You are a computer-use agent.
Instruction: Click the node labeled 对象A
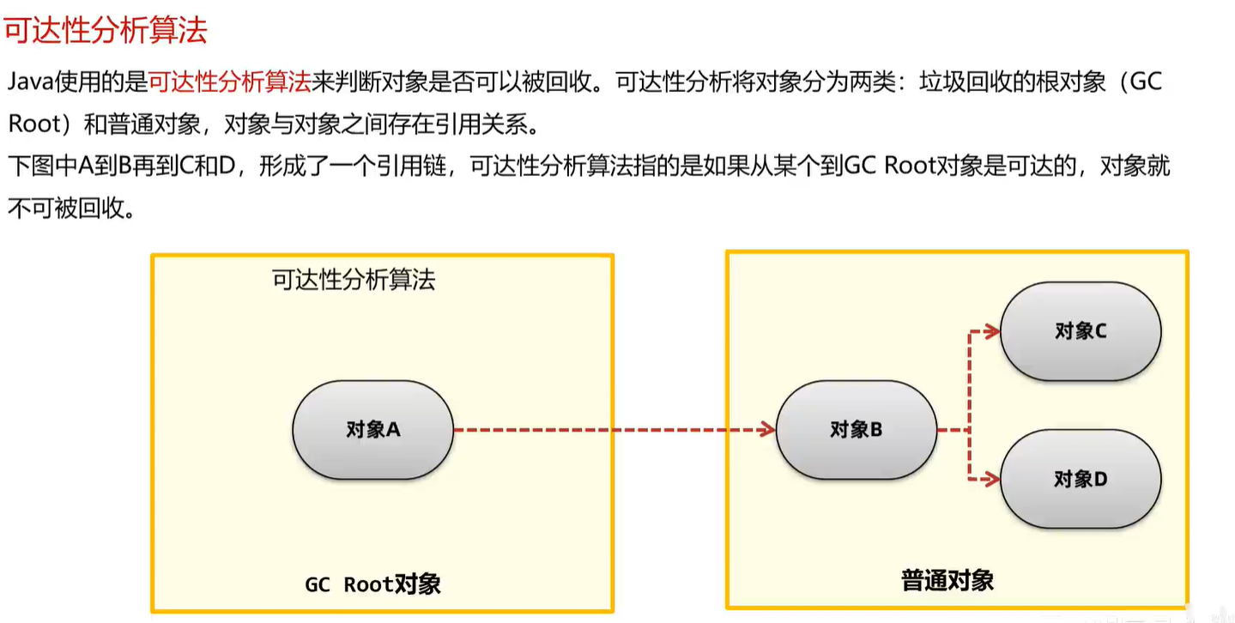point(372,429)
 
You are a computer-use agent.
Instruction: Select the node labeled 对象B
point(856,429)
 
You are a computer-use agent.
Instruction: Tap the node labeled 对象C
point(1081,331)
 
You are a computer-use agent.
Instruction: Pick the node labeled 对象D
point(1081,479)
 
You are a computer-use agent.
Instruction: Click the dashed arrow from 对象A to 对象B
point(609,429)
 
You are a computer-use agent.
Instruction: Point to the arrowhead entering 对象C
point(992,331)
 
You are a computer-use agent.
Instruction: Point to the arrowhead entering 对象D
point(992,479)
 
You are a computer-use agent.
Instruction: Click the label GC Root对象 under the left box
point(372,584)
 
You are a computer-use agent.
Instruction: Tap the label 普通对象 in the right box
point(947,580)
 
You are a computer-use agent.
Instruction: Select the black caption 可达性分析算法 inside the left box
point(354,280)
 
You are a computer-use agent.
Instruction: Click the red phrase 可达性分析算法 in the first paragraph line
point(230,82)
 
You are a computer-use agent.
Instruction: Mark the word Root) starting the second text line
point(39,124)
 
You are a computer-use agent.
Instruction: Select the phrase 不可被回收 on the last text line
point(60,209)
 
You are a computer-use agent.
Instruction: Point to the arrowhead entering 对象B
point(767,429)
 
